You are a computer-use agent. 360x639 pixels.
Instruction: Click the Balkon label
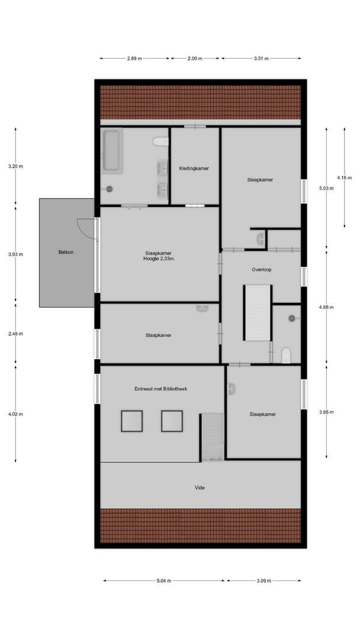tap(66, 252)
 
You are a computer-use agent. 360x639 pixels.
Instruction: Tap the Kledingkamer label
tap(194, 168)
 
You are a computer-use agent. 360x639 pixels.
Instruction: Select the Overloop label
tap(261, 269)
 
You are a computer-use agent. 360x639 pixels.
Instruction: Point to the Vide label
tap(200, 488)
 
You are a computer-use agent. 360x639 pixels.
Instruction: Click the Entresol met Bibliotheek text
tap(160, 389)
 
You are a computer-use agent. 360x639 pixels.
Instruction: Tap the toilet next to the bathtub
tap(159, 141)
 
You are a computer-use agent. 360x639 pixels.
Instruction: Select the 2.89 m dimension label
tap(135, 59)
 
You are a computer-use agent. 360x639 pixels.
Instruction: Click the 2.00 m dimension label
tap(194, 59)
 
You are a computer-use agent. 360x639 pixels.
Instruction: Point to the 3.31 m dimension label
tap(261, 59)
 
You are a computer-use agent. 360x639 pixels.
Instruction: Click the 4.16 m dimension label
tap(343, 177)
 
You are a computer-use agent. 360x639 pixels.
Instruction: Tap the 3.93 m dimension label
tap(15, 254)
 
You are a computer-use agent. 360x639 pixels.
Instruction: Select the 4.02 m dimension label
tap(15, 414)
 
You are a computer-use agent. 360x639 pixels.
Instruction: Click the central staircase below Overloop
tap(258, 312)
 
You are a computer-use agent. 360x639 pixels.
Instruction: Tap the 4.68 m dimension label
tap(326, 307)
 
